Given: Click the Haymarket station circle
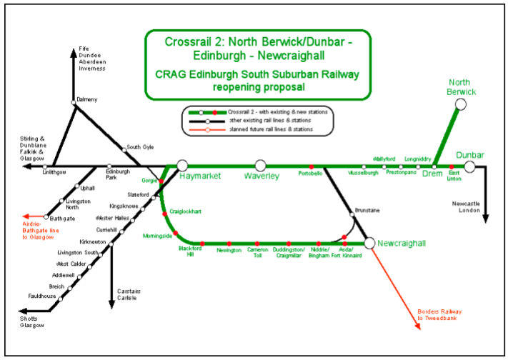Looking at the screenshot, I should click(x=182, y=166).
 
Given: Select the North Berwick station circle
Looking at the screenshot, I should click(x=461, y=104).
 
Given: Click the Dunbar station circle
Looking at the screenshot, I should click(x=469, y=166).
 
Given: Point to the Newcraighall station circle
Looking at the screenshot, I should click(x=369, y=243).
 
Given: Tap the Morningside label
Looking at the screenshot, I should click(x=158, y=235).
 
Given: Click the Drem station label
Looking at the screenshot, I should click(x=432, y=174).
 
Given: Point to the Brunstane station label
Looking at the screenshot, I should click(x=366, y=211).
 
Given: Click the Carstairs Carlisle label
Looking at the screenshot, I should click(x=129, y=294).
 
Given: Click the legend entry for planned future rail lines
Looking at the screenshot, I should click(x=271, y=129).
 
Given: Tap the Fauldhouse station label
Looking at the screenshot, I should click(x=41, y=296).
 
